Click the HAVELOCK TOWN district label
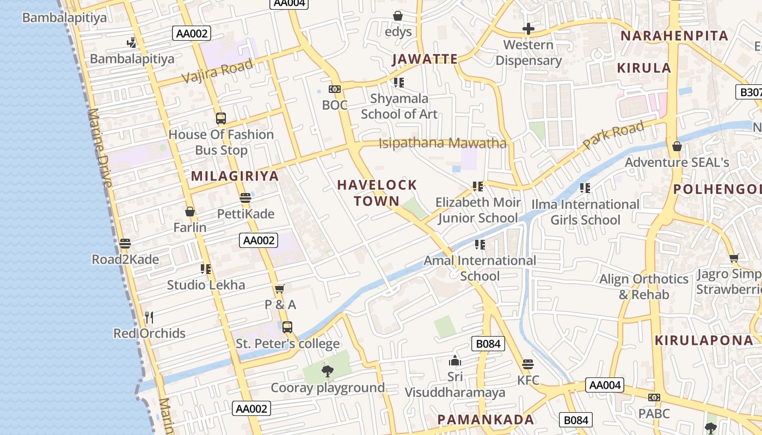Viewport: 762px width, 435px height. coord(377,193)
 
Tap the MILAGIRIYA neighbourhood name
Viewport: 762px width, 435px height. coord(235,176)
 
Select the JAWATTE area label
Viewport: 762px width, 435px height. coord(425,59)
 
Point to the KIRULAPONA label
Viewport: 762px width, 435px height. coord(704,340)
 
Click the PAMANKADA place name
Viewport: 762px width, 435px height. coord(486,419)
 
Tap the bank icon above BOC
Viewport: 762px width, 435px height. coord(334,89)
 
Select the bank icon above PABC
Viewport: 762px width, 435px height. coord(654,397)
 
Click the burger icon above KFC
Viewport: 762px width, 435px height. coord(527,364)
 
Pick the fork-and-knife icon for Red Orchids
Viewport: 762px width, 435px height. coord(149,317)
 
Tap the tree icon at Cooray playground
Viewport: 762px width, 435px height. coord(327,371)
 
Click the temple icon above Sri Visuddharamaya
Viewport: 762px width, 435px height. coord(455,361)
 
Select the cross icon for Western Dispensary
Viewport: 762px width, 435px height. coord(528,29)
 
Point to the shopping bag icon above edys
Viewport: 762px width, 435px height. coord(398,16)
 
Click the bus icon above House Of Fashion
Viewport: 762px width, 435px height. coord(220,118)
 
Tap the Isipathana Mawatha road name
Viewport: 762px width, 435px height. coord(442,144)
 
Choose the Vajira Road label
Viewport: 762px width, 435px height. coord(217,71)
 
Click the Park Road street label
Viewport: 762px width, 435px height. coord(613,135)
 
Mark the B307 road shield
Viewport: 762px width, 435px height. coord(749,92)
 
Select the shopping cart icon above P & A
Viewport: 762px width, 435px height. coord(280,289)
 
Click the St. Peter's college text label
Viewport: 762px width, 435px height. coord(287,344)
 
